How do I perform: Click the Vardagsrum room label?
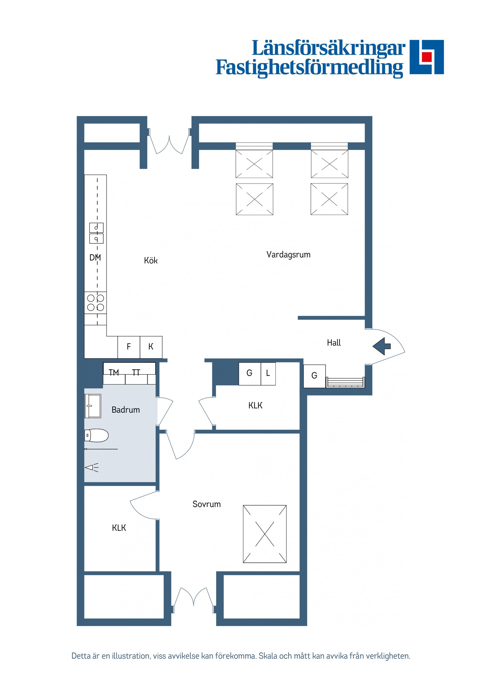[x=288, y=255]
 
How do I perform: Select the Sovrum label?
[x=206, y=504]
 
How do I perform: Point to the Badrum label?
[x=126, y=410]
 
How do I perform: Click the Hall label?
[x=334, y=343]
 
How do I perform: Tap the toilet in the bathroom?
[x=96, y=435]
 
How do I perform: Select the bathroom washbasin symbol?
[x=93, y=406]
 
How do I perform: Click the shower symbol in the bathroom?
[x=92, y=468]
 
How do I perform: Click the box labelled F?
[x=129, y=347]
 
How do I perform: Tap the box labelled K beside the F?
[x=151, y=347]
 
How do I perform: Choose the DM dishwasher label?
[x=95, y=258]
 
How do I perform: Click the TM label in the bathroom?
[x=114, y=372]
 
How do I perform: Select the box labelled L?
[x=268, y=373]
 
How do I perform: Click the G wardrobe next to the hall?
[x=314, y=376]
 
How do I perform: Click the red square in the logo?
[x=427, y=57]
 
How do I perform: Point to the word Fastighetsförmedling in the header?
[x=309, y=68]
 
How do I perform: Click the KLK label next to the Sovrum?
[x=119, y=528]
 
